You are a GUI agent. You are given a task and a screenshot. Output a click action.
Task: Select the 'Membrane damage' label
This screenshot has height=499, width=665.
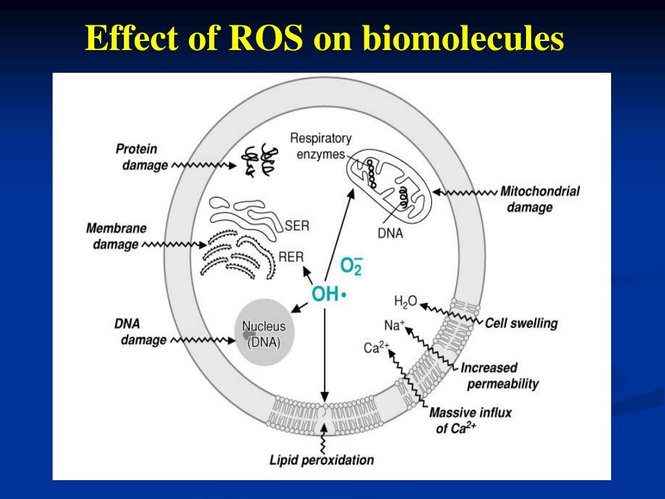click(116, 236)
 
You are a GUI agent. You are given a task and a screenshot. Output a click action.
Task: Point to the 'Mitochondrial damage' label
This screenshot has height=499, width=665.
click(539, 199)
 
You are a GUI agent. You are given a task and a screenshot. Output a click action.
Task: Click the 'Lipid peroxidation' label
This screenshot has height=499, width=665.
click(321, 461)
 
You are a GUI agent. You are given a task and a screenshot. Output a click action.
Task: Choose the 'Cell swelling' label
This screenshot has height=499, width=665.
click(521, 323)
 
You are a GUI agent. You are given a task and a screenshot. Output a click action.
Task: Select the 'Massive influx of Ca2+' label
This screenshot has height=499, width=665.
click(470, 420)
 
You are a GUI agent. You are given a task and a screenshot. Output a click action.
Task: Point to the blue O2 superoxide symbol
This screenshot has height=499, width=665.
click(351, 266)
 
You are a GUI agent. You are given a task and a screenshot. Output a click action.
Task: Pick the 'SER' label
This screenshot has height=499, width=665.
click(297, 226)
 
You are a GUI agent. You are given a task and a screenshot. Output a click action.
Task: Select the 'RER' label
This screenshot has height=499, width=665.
click(291, 257)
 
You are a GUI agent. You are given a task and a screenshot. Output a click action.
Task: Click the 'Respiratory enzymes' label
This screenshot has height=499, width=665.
click(320, 146)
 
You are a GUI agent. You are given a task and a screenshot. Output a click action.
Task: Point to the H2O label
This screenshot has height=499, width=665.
click(405, 301)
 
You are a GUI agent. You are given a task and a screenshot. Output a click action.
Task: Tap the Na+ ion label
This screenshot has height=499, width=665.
click(394, 325)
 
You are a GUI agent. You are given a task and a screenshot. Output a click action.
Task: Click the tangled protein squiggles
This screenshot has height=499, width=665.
click(260, 160)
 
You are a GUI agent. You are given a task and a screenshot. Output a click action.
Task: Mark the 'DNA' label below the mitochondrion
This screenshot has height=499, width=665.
click(390, 233)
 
